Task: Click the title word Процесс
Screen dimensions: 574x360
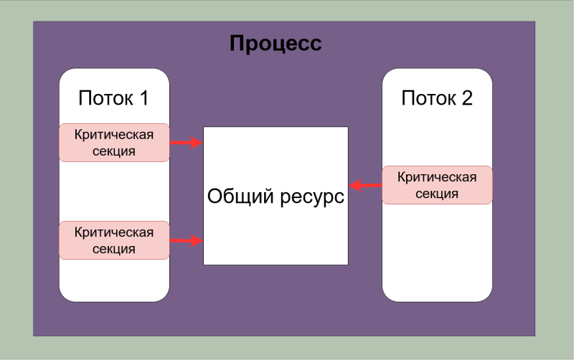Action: point(276,43)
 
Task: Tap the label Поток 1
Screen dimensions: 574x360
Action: point(113,98)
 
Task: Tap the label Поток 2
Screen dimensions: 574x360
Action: point(437,98)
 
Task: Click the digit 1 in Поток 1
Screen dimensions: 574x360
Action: point(143,98)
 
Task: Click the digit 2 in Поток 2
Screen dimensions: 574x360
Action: point(467,98)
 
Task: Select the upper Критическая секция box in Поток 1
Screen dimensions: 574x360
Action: point(114,143)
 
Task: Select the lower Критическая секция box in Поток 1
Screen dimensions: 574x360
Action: point(114,240)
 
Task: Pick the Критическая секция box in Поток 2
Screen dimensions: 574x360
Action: point(437,185)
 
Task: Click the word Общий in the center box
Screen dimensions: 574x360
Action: point(240,196)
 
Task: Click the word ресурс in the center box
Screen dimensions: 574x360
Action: point(312,197)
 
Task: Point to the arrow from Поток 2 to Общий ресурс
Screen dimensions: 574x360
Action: point(365,186)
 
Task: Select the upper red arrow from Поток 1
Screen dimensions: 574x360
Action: point(187,142)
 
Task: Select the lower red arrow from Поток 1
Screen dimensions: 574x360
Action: point(187,240)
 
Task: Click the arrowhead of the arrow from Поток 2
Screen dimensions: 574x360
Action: point(355,186)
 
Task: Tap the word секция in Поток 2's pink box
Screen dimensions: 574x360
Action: point(437,194)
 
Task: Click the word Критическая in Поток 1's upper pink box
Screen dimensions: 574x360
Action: point(114,135)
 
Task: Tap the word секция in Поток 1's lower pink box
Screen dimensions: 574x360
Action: point(114,249)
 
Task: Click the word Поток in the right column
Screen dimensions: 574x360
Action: point(428,98)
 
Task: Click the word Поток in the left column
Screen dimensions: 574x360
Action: point(105,98)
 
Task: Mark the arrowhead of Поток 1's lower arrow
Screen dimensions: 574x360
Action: point(197,240)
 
